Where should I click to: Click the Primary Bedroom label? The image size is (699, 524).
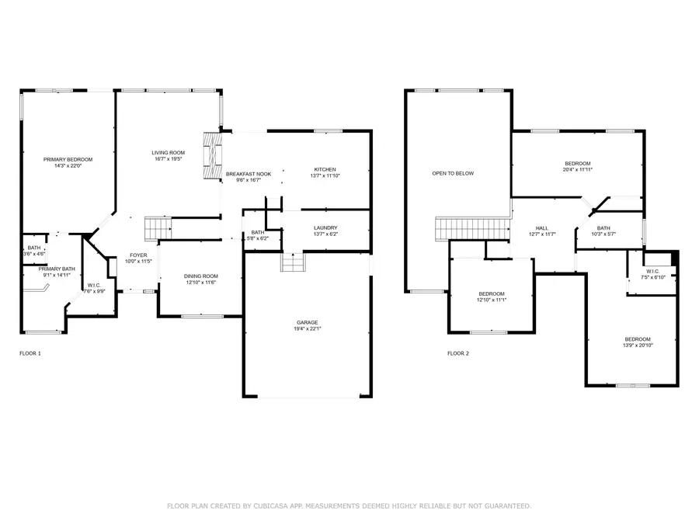[63, 159]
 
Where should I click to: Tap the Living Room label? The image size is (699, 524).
[168, 153]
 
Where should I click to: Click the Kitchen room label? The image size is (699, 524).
[325, 170]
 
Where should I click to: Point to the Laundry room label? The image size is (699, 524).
[325, 228]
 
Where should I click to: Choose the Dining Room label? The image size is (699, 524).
[200, 276]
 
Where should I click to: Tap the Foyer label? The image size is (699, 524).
[138, 255]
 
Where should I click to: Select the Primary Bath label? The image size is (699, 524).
[57, 269]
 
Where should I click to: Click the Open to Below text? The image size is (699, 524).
[453, 173]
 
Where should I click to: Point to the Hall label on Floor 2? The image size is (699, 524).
[543, 228]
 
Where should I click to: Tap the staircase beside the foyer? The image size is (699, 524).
[158, 229]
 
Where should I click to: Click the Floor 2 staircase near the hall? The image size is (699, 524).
[470, 230]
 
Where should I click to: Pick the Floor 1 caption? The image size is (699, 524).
[30, 353]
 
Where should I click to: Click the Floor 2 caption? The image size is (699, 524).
[458, 353]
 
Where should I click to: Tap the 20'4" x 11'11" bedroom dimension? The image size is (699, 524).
[577, 169]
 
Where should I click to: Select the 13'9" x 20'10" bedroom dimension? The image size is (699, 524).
[638, 346]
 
